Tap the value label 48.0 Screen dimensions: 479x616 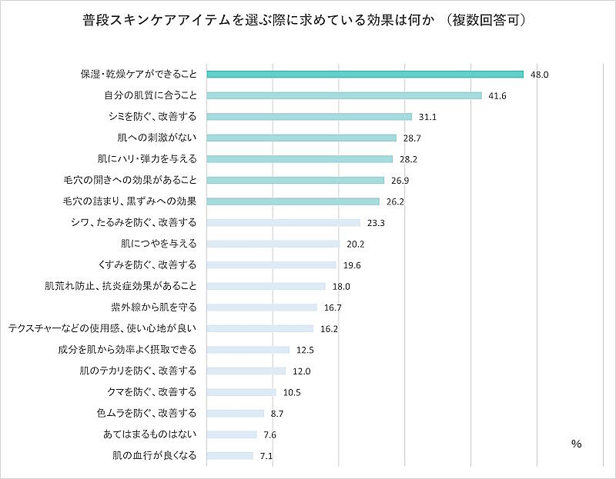click(x=539, y=75)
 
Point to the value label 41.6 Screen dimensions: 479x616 click(x=497, y=95)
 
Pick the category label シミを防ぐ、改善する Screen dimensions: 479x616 click(x=152, y=117)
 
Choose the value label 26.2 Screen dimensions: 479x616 click(x=395, y=201)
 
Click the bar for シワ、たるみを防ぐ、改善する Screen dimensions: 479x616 click(x=284, y=222)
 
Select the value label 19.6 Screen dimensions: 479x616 click(x=351, y=264)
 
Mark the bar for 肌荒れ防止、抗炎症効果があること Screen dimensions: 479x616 click(x=267, y=286)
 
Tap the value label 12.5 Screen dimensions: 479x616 click(x=305, y=350)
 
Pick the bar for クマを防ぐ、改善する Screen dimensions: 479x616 click(x=243, y=392)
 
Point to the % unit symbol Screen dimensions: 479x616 click(x=576, y=444)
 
